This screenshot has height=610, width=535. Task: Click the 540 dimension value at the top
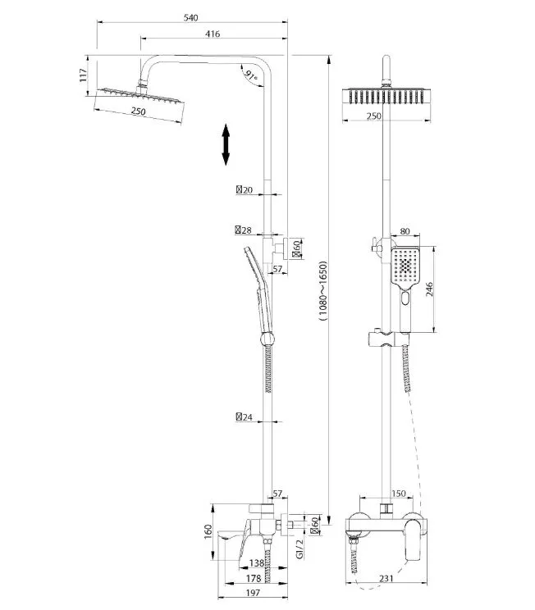[x=191, y=17]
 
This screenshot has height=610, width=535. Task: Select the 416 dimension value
[x=213, y=34]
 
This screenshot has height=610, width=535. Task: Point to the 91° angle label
[x=250, y=75]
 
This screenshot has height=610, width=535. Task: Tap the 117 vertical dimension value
[x=83, y=75]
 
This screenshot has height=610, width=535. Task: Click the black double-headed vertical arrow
[x=226, y=144]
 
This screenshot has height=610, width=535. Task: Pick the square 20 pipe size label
[x=245, y=190]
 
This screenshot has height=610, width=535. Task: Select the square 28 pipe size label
[x=244, y=230]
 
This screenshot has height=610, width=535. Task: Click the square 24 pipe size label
[x=245, y=417]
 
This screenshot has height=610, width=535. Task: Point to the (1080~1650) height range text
[x=323, y=290]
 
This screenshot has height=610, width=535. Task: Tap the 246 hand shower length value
[x=428, y=289]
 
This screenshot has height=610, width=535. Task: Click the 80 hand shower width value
[x=405, y=231]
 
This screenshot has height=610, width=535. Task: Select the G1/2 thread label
[x=300, y=549]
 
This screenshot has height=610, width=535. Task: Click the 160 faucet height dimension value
[x=208, y=532]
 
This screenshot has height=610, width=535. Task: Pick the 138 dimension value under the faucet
[x=257, y=562]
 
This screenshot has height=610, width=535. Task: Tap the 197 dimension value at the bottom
[x=253, y=593]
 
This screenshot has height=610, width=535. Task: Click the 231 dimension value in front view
[x=386, y=579]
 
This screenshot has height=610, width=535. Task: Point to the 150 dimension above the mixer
[x=398, y=494]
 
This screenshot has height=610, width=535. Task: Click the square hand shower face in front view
[x=405, y=266]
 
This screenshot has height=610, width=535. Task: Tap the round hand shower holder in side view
[x=267, y=338]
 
